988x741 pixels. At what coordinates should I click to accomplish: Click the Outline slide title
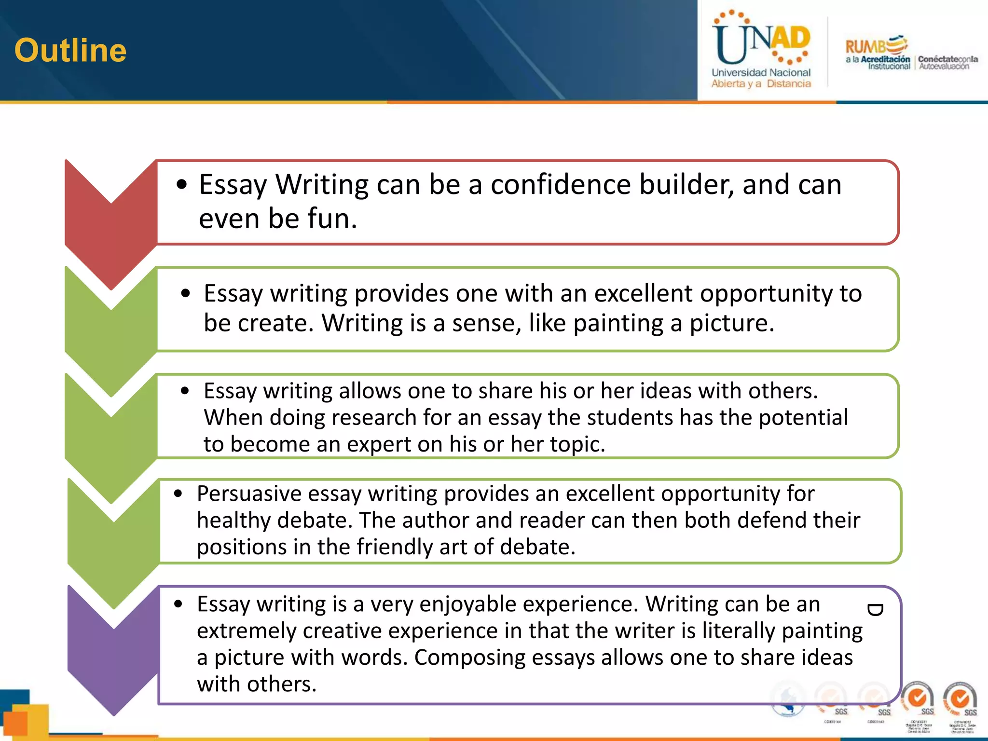pyautogui.click(x=70, y=50)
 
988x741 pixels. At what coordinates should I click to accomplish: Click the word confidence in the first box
pyautogui.click(x=560, y=184)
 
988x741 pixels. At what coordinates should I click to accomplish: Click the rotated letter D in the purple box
pyautogui.click(x=875, y=610)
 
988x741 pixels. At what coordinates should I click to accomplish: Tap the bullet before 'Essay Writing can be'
pyautogui.click(x=182, y=184)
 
